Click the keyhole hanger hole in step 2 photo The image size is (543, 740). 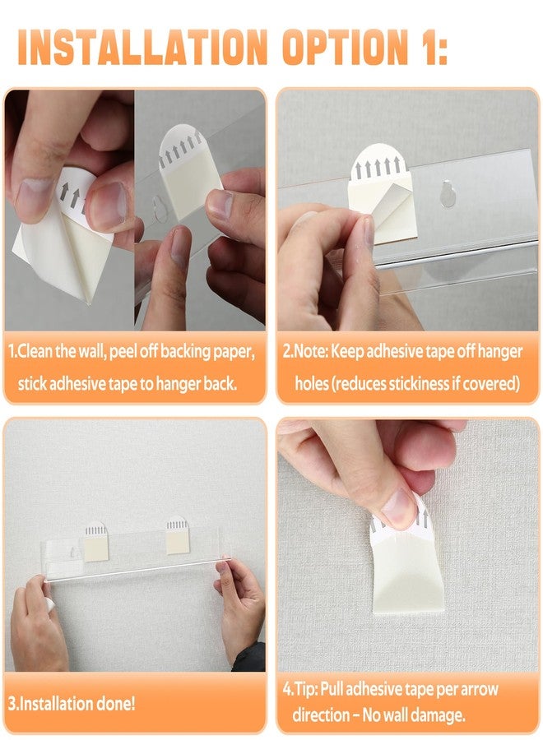[448, 193]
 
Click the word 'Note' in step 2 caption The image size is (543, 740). [311, 352]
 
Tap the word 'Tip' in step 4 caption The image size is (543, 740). [305, 689]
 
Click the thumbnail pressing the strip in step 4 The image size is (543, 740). [398, 508]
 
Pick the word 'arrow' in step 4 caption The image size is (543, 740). [480, 690]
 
